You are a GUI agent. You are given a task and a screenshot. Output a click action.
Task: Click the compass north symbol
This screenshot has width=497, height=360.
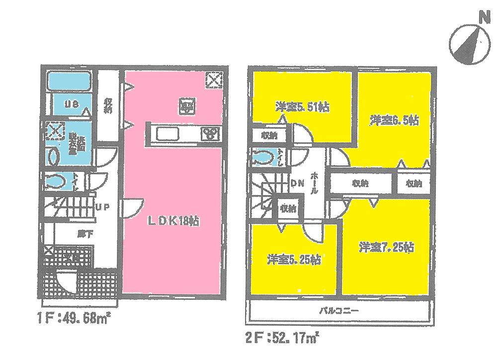(x=470, y=42)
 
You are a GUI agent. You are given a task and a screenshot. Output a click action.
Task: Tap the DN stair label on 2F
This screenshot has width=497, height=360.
(x=297, y=184)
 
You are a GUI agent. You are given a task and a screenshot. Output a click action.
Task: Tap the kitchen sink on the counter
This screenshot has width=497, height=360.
(x=168, y=134)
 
